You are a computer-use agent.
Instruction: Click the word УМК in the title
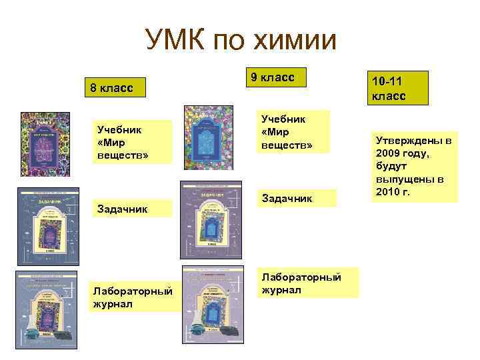tap(175, 41)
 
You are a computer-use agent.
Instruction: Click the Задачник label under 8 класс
tap(120, 209)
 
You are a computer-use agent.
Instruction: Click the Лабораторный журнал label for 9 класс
tap(301, 283)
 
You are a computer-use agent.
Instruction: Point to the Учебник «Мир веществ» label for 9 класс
tap(287, 131)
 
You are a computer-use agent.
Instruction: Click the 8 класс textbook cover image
tap(45, 145)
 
